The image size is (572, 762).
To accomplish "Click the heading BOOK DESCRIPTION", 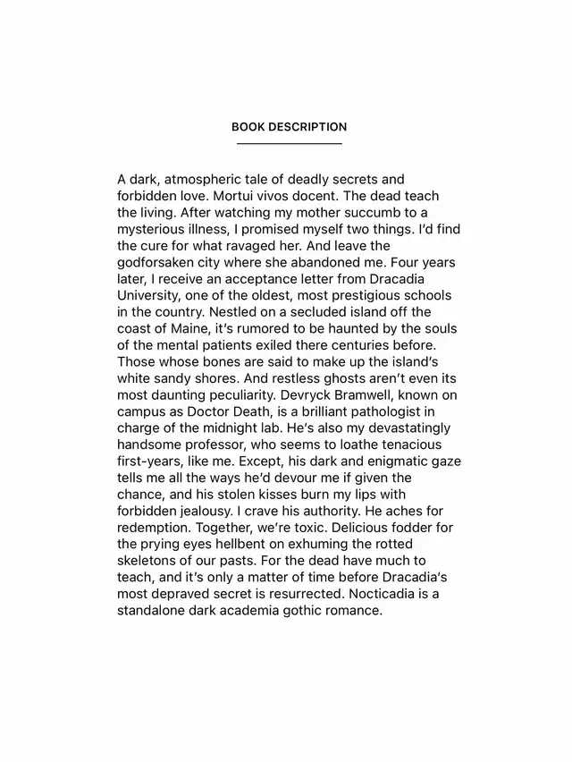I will click(x=289, y=127).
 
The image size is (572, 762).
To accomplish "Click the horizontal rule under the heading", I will click(x=289, y=143).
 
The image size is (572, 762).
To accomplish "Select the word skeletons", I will click(x=148, y=561).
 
